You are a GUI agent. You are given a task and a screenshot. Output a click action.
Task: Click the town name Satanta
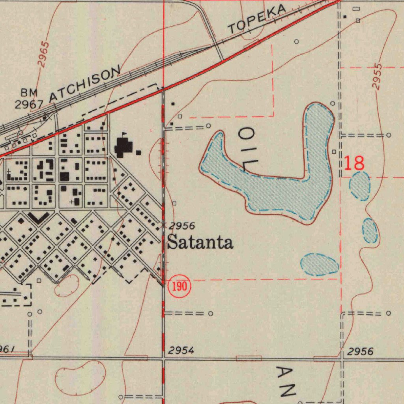(200, 242)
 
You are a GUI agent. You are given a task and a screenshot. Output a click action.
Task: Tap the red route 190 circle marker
(180, 286)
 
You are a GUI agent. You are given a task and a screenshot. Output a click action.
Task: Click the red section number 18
(354, 163)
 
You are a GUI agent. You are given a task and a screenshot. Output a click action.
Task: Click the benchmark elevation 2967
(29, 105)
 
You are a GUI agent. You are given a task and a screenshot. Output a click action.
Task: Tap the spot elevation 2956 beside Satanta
(182, 226)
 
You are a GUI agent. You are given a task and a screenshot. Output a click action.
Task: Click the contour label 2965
(44, 54)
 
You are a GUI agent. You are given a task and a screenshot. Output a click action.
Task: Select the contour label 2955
(377, 77)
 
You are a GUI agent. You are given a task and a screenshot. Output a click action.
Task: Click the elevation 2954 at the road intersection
(181, 350)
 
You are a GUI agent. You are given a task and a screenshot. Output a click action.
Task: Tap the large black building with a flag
(123, 147)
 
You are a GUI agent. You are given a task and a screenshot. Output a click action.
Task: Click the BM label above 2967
(29, 93)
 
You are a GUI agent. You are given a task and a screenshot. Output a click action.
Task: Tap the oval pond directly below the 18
(360, 186)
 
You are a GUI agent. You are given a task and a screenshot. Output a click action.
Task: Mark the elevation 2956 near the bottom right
(360, 352)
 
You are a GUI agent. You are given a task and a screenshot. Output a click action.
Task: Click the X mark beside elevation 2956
(164, 226)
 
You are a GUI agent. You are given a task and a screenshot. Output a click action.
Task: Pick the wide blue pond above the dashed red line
(320, 264)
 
